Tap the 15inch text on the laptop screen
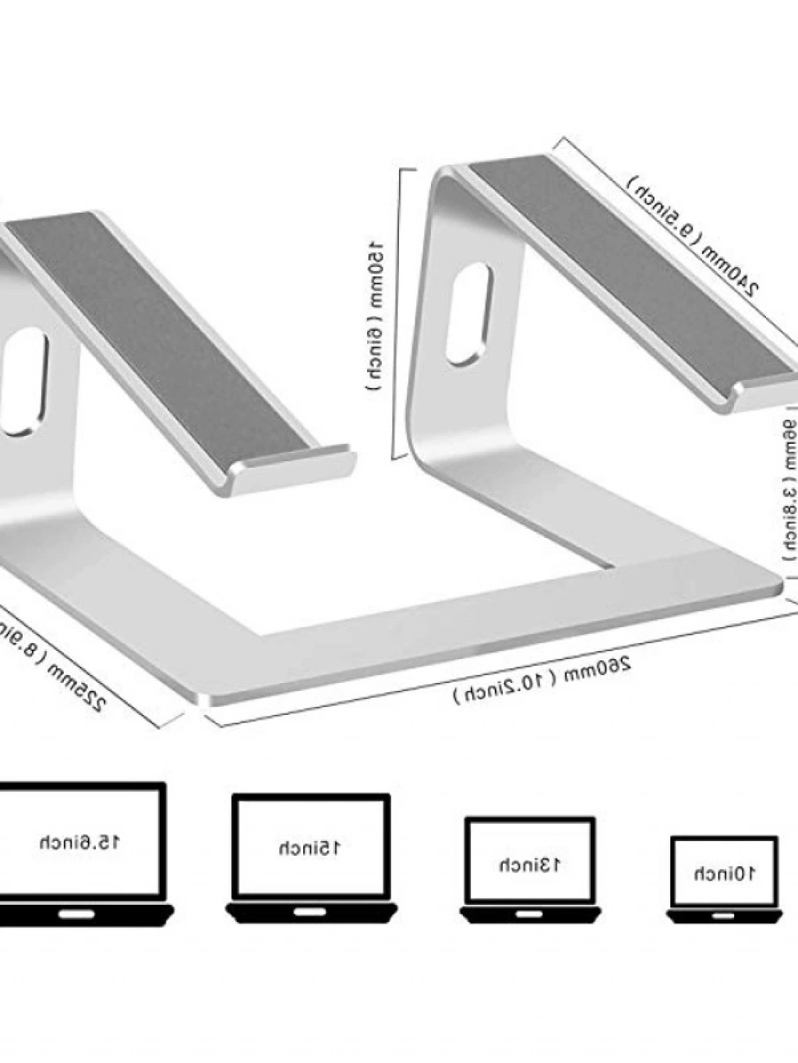(310, 847)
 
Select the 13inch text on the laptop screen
(530, 864)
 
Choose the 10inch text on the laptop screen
(725, 873)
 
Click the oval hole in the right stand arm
(468, 314)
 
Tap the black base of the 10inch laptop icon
(724, 916)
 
